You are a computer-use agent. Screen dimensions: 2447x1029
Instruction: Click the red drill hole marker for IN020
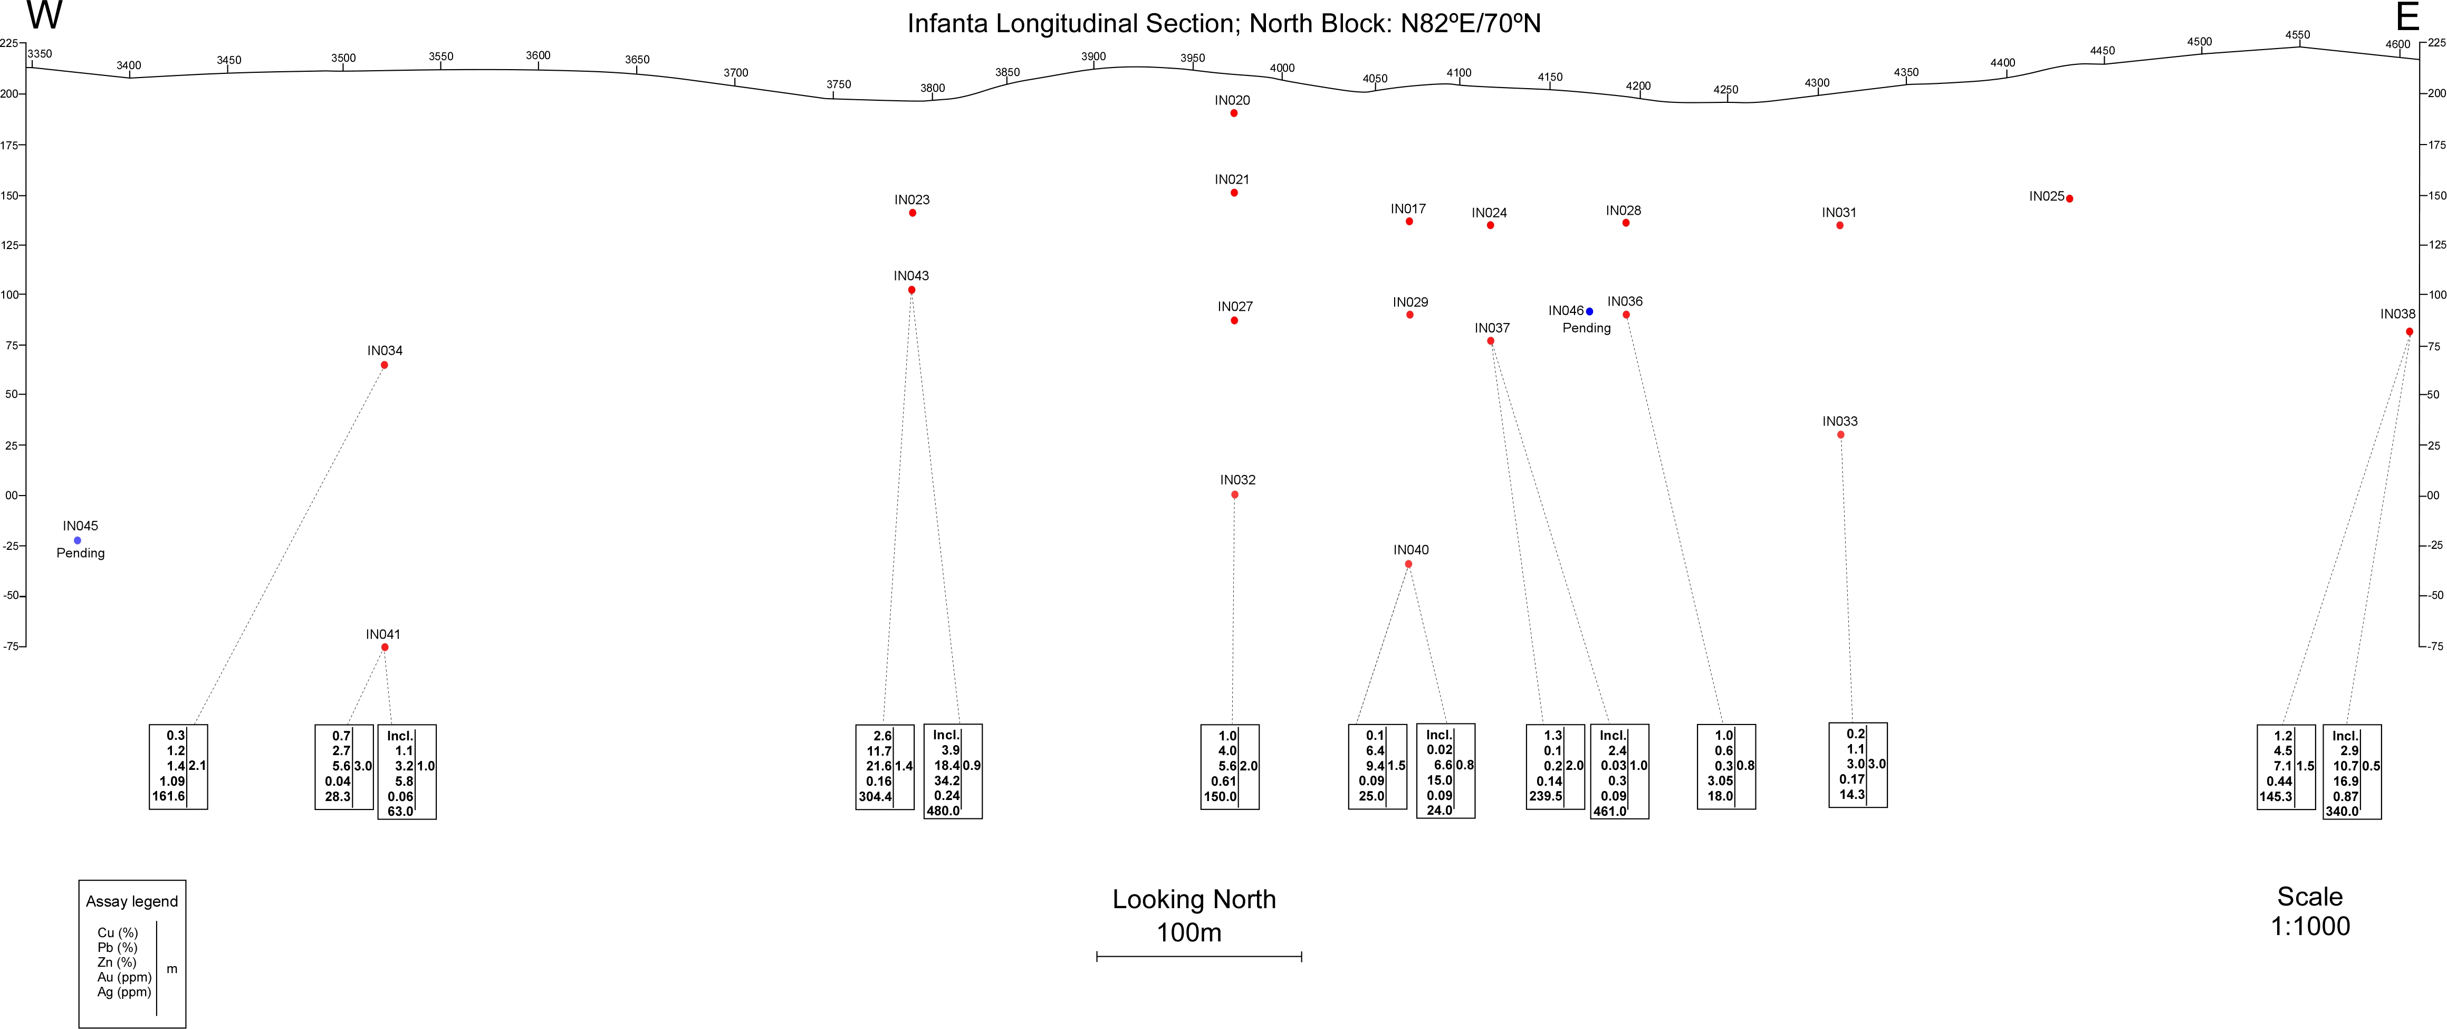click(x=1234, y=113)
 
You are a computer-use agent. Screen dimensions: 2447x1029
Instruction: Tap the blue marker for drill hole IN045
click(x=78, y=541)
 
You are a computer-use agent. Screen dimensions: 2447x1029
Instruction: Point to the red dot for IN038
click(x=2409, y=331)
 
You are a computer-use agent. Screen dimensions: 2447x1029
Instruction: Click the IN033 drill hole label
click(x=1840, y=421)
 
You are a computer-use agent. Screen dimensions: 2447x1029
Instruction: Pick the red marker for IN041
click(x=385, y=647)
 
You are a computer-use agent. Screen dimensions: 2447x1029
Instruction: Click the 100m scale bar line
click(x=1199, y=956)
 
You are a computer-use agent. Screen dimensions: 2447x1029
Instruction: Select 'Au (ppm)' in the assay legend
click(x=124, y=977)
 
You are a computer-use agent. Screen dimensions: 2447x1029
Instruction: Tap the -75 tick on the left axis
click(x=12, y=646)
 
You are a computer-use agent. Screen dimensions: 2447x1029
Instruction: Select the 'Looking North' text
click(x=1194, y=899)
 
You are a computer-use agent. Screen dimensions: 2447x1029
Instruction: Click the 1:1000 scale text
click(x=2310, y=927)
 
